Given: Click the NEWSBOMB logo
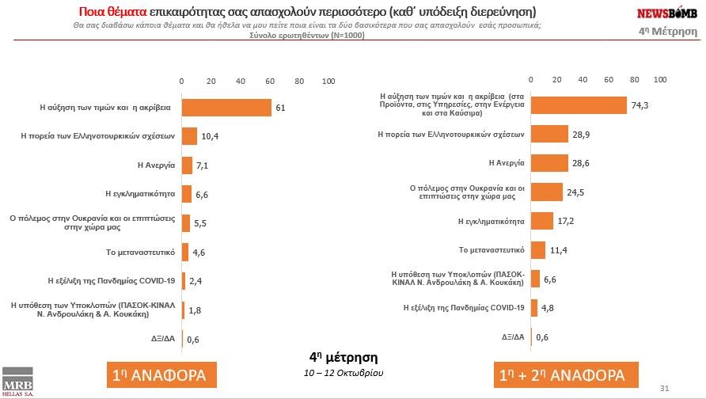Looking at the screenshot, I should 666,12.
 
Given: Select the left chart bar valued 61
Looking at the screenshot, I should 226,107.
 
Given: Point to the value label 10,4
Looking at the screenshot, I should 210,136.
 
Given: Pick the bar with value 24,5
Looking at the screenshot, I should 546,193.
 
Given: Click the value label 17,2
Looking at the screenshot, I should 565,222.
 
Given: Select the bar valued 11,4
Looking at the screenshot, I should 538,250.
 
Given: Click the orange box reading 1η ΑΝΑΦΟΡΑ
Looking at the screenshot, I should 161,374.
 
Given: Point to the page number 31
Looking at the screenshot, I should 664,387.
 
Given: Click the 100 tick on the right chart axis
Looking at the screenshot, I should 660,80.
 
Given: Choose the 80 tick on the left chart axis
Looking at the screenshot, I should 299,81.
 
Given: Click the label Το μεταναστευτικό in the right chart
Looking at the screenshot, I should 491,250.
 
